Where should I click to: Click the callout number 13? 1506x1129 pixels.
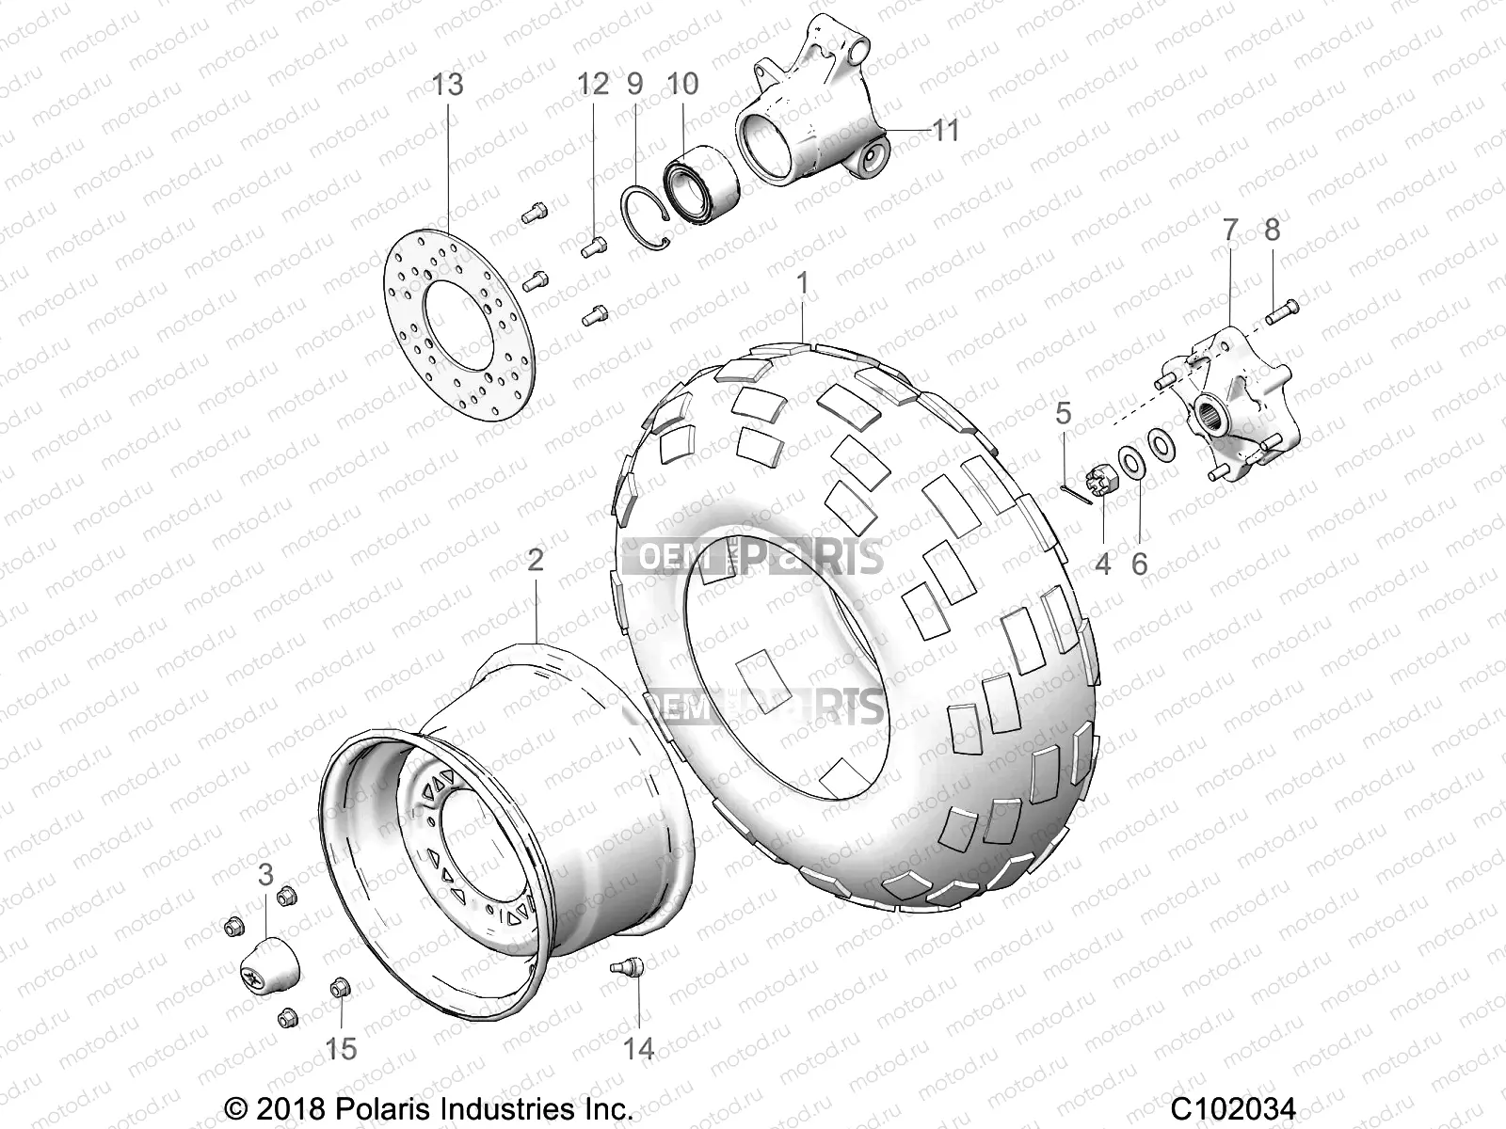tap(448, 85)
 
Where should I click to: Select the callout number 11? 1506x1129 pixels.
tap(944, 130)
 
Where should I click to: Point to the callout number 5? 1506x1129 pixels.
tap(1063, 412)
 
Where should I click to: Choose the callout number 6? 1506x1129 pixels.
tap(1139, 564)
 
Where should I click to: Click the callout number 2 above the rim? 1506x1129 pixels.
tap(535, 562)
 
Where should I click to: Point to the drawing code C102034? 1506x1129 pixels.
tap(1233, 1107)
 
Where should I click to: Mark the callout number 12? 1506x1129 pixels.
tap(593, 85)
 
